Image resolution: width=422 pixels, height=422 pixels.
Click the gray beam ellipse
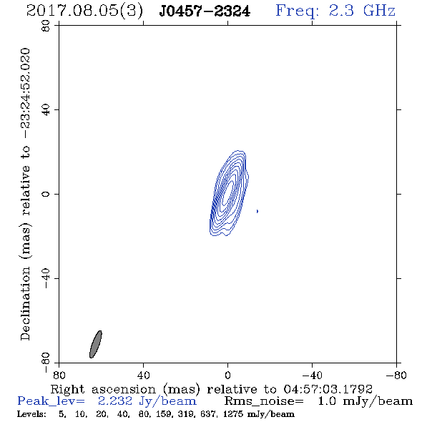tap(96, 344)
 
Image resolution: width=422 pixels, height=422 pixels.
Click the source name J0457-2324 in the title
tap(205, 11)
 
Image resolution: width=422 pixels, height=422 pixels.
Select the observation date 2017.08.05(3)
tap(84, 11)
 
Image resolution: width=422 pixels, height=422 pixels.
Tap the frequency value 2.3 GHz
tap(362, 11)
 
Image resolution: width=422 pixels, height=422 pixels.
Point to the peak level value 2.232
tap(115, 401)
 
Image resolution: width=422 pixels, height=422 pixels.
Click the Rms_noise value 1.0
tap(328, 401)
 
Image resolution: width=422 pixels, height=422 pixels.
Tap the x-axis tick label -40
tap(312, 376)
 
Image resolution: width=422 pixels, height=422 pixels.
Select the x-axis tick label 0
tap(227, 376)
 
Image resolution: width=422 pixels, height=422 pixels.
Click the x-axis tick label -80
tap(396, 376)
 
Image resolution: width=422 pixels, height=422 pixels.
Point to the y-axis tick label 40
tap(46, 110)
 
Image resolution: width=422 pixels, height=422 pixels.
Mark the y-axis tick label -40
tap(46, 278)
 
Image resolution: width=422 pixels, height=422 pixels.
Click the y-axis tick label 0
tap(46, 194)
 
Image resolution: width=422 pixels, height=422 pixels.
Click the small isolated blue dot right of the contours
tap(257, 211)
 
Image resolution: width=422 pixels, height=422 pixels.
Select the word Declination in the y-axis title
tap(25, 304)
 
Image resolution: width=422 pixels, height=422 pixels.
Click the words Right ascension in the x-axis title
tap(103, 389)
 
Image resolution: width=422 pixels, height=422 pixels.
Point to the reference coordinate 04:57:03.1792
tap(328, 389)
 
